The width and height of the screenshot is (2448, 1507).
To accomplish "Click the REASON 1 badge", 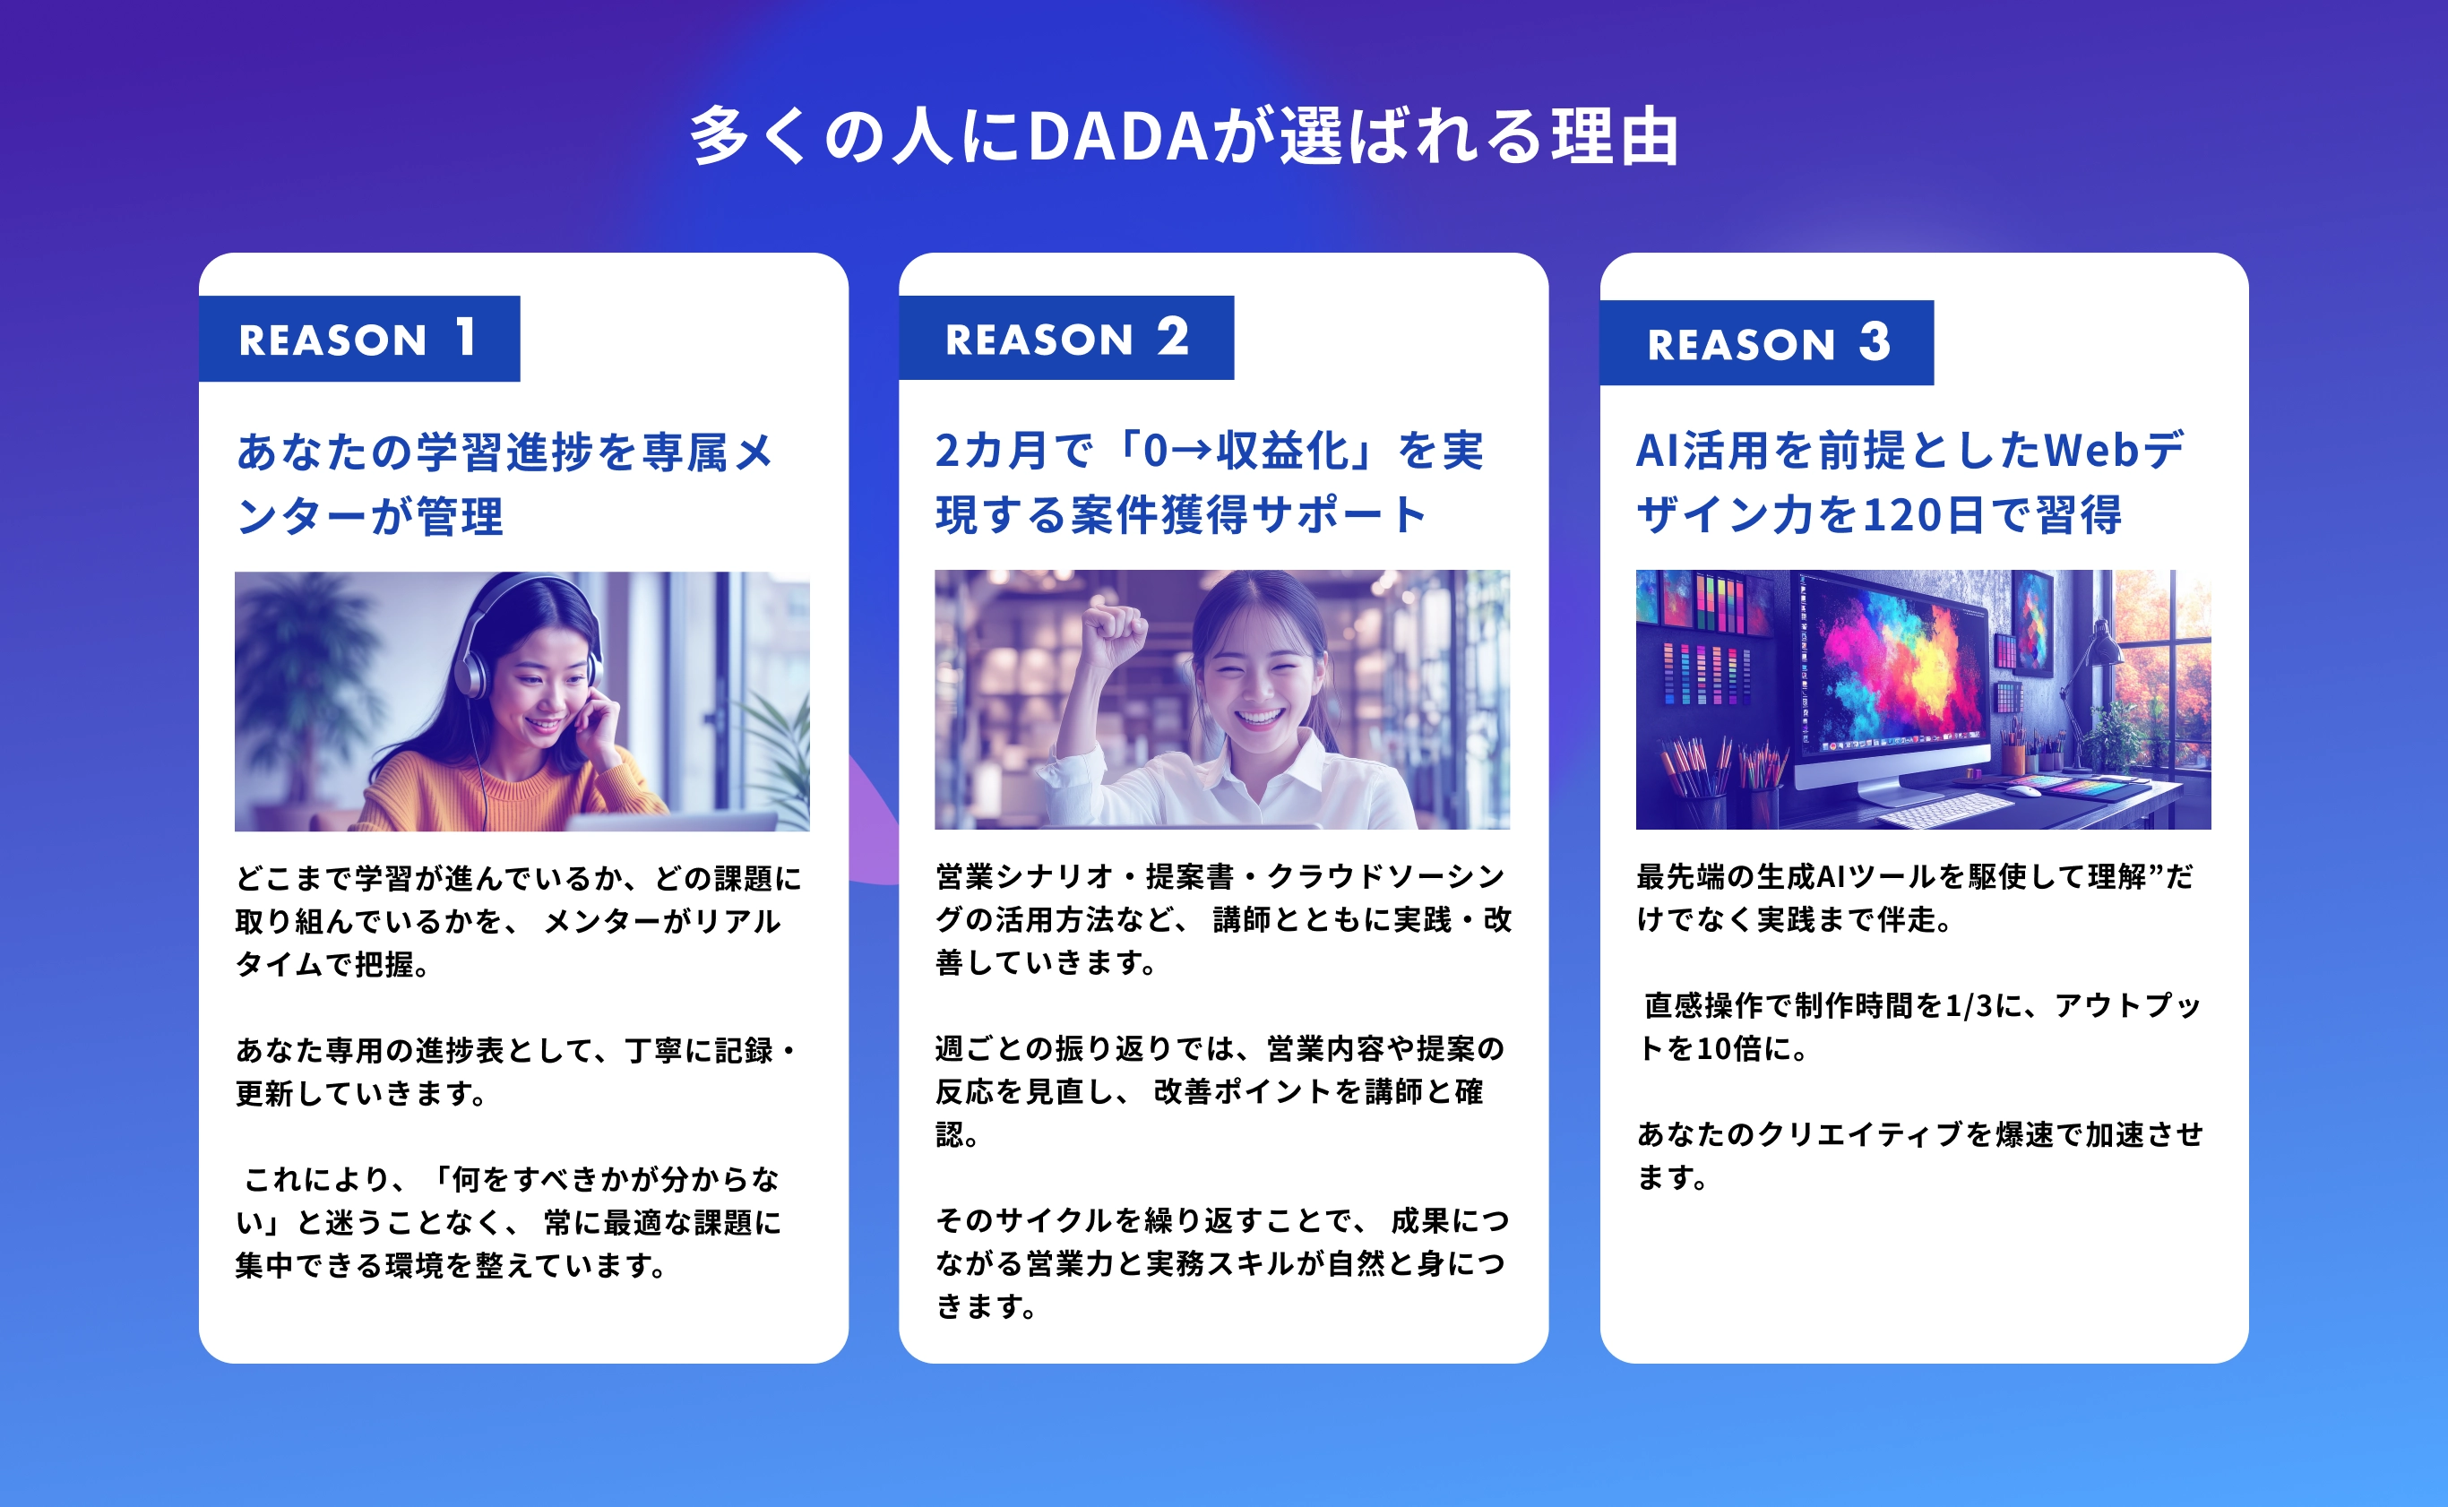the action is (x=358, y=338).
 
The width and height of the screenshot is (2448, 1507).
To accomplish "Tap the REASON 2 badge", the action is (x=1066, y=337).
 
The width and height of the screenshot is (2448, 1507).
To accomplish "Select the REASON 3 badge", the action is (x=1766, y=342).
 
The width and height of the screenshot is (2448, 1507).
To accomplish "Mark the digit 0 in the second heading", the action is (x=1154, y=452).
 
